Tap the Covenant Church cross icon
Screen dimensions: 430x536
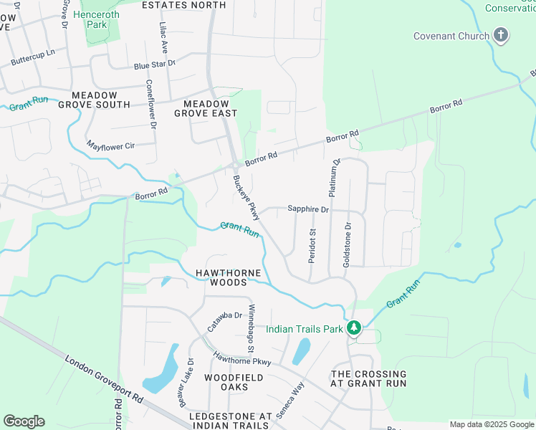501,35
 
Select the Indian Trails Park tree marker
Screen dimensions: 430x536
353,328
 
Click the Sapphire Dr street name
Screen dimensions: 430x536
307,209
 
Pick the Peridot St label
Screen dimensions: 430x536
312,246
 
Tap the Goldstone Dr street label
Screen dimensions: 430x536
348,245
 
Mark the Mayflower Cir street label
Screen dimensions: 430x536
110,145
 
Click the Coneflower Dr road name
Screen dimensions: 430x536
150,102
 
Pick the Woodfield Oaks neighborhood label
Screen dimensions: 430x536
234,382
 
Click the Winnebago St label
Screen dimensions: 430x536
252,328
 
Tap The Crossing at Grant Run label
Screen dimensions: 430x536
368,378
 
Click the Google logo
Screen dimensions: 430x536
24,421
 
